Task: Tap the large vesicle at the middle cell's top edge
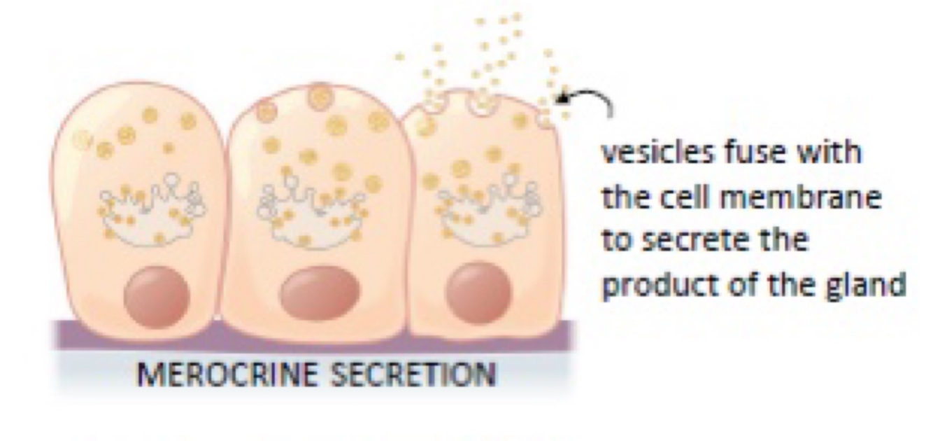319,97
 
